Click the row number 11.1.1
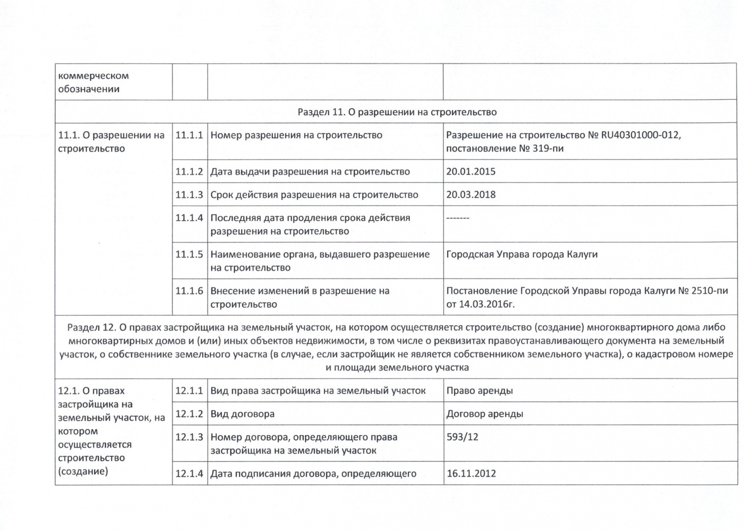189,135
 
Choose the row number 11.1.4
189,218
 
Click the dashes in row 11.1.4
458,218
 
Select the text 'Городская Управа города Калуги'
521,255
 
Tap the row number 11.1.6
189,291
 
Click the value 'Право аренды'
479,391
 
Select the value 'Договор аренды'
485,414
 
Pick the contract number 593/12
462,437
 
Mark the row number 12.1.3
189,437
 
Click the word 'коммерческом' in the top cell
93,76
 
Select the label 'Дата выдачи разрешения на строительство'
310,172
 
